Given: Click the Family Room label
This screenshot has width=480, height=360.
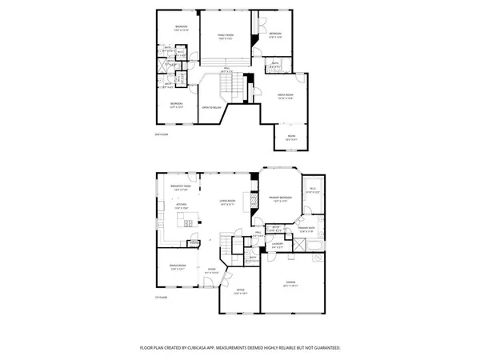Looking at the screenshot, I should point(226,36).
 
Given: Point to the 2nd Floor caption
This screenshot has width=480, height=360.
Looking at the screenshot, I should point(160,134).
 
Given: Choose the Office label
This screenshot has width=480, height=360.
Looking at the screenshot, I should point(240,291).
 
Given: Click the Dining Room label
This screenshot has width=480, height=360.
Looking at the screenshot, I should point(178,266).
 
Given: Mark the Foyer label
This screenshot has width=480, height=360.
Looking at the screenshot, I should point(212,270).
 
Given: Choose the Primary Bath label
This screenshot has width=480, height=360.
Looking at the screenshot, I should point(307,229).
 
